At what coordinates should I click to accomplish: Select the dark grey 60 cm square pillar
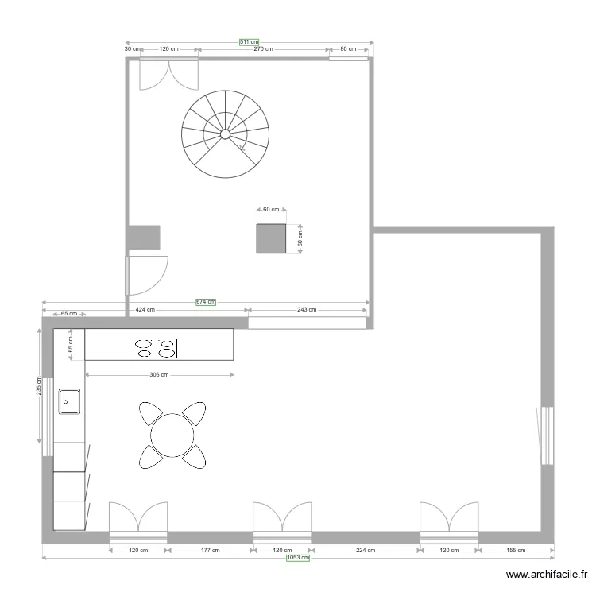tap(271, 238)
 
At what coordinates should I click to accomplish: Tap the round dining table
tap(172, 435)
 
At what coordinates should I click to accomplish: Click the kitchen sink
tap(69, 402)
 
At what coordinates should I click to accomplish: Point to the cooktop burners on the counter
tap(155, 347)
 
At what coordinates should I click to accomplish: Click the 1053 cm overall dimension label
tap(298, 558)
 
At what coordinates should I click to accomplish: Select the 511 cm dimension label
tap(250, 42)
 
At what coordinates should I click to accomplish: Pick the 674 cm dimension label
tap(206, 302)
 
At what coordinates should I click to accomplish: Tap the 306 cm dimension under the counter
tap(159, 375)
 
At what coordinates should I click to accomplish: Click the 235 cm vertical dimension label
tap(38, 386)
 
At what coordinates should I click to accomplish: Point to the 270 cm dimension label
tap(263, 49)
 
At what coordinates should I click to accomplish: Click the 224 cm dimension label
tap(366, 550)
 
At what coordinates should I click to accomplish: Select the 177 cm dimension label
tap(210, 550)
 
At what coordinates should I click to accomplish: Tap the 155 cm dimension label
tap(517, 550)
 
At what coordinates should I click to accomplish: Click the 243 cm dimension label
tap(307, 310)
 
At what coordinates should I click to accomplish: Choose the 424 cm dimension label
tap(145, 310)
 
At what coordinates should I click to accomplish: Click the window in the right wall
tap(546, 435)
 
